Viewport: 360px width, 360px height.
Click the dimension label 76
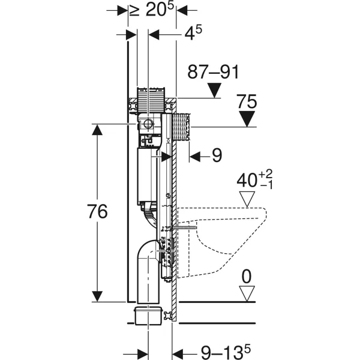coord(98,211)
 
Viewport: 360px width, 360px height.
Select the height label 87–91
coord(213,72)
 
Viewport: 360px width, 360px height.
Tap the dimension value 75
coord(247,101)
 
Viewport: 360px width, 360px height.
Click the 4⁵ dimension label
coord(193,33)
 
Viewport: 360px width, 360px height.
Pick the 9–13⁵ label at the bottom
coord(226,351)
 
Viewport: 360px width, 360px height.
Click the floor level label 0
coord(247,277)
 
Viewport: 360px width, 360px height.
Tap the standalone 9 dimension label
coord(217,155)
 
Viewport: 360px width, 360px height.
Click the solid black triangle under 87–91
coord(214,90)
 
